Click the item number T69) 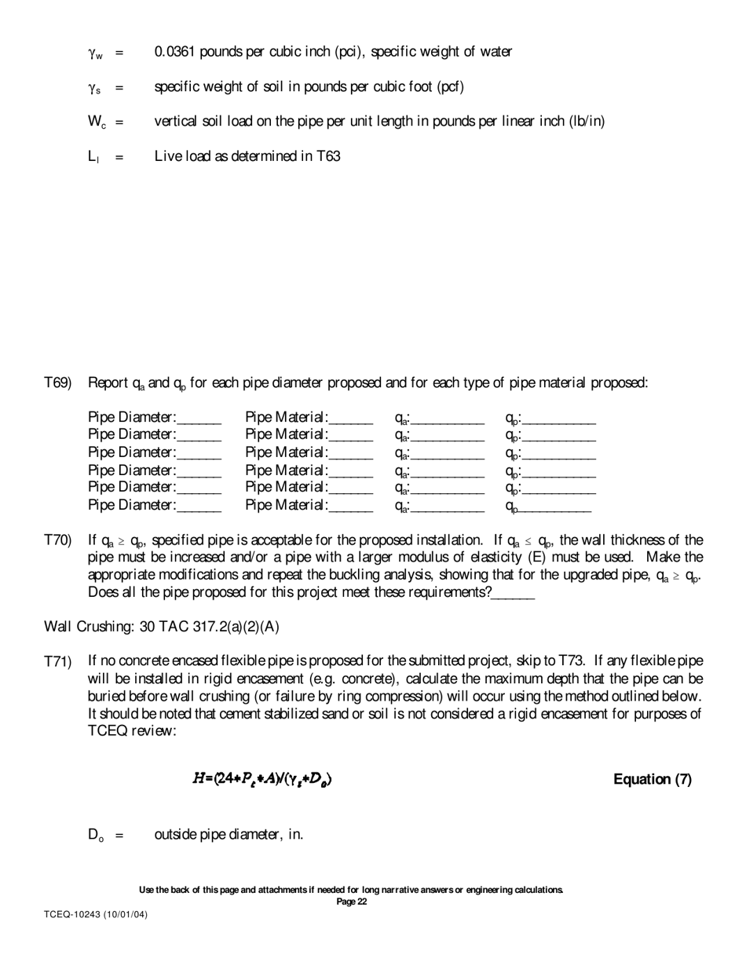click(58, 383)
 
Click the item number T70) click(58, 540)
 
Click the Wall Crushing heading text click(161, 627)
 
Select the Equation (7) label click(652, 780)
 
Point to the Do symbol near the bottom click(95, 834)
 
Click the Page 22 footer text click(351, 902)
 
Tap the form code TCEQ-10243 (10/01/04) click(95, 915)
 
